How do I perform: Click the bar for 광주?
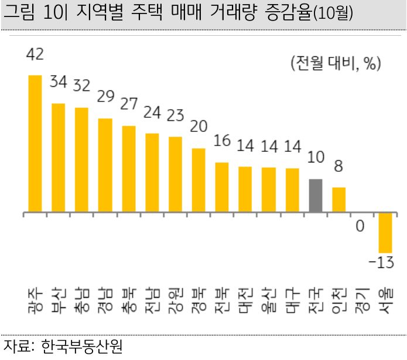(x=35, y=144)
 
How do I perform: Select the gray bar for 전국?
(x=316, y=195)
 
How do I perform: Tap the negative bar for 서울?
(x=385, y=232)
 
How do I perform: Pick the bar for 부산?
(x=58, y=158)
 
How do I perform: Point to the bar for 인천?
(x=339, y=199)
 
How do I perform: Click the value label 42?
(x=35, y=55)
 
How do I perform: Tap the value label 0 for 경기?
(x=361, y=226)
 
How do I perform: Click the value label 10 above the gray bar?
(x=316, y=158)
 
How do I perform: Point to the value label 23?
(x=176, y=116)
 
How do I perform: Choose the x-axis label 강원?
(x=175, y=300)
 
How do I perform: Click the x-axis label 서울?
(x=385, y=300)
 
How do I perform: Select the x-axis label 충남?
(x=81, y=300)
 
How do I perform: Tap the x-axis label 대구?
(x=292, y=300)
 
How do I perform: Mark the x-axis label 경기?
(x=362, y=300)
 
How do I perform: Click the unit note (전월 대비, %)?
(x=335, y=63)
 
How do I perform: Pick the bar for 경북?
(x=199, y=180)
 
